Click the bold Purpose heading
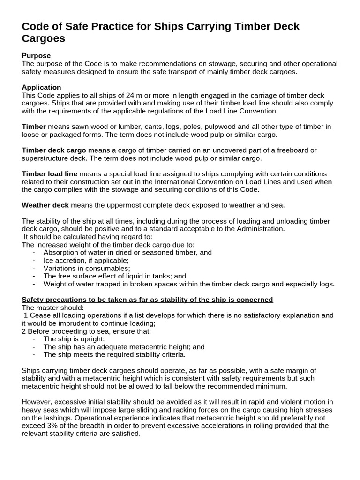[36, 56]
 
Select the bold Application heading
[41, 87]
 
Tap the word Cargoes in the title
[43, 38]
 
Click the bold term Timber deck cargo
[54, 150]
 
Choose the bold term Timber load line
[49, 174]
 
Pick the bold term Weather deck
[45, 205]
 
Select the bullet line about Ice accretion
[86, 260]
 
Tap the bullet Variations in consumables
[87, 268]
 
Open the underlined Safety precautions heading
[147, 300]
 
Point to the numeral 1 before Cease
[25, 315]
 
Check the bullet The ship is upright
[74, 339]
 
